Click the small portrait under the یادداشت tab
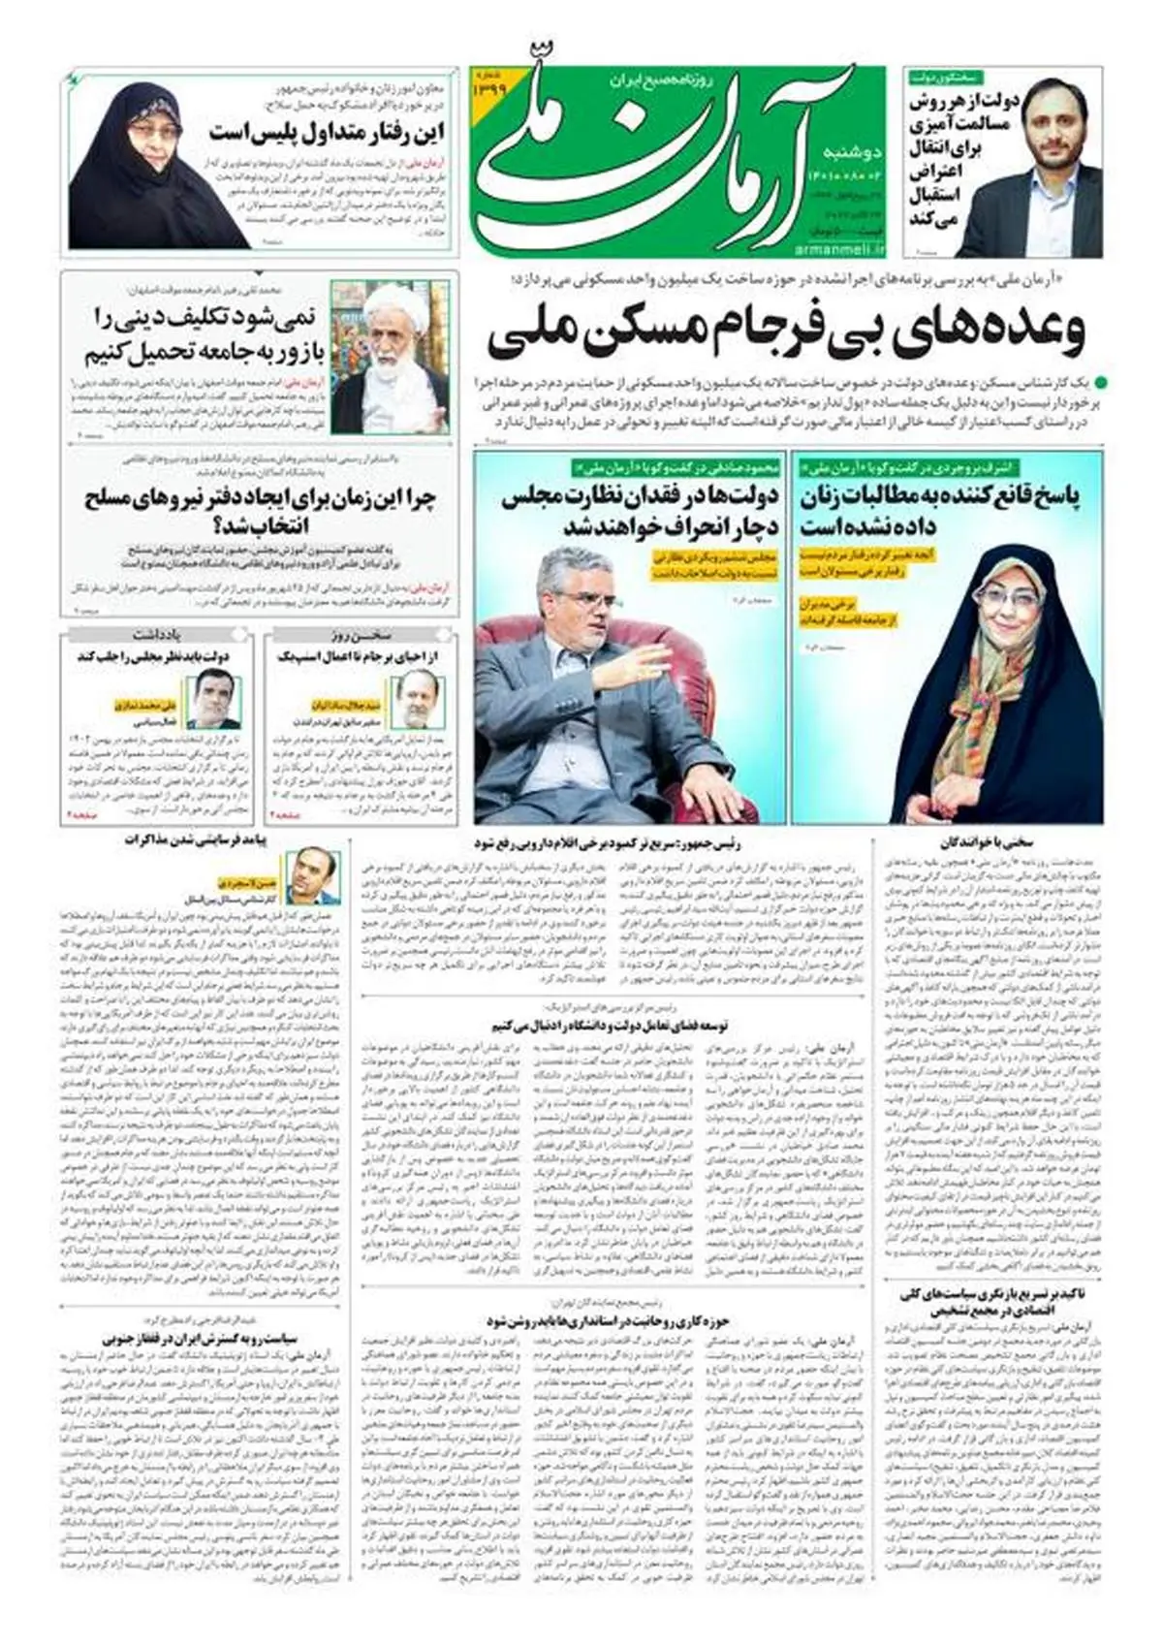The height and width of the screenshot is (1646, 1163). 213,701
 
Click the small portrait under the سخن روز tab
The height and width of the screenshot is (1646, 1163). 419,701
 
